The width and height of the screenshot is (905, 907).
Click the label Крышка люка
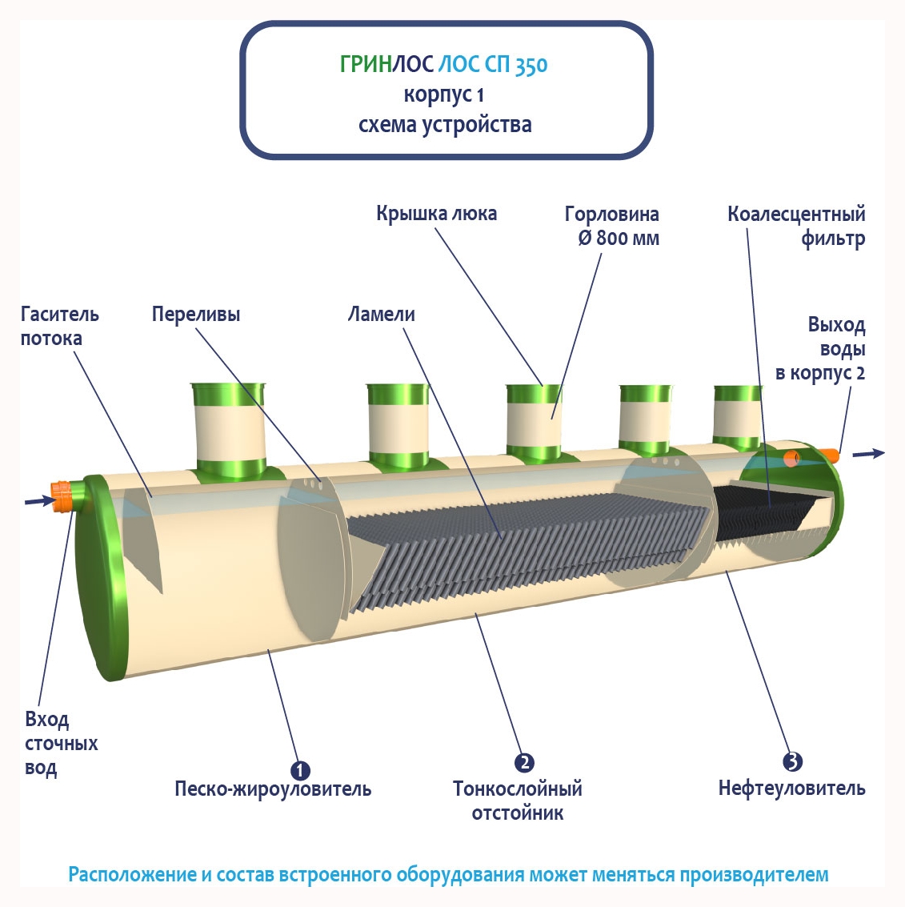(436, 214)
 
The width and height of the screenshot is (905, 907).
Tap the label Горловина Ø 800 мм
(612, 226)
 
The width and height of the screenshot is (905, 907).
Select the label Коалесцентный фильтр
(796, 226)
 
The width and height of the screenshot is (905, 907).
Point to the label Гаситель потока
(59, 326)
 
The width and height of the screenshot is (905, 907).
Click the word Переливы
(196, 315)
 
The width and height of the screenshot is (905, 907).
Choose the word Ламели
(381, 315)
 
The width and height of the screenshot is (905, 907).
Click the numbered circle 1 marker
(299, 770)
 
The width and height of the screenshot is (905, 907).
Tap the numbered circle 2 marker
(524, 762)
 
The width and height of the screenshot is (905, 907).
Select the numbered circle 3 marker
(791, 761)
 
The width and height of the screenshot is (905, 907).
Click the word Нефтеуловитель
(791, 789)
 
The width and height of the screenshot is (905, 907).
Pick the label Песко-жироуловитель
(273, 789)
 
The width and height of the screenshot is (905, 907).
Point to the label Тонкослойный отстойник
(518, 801)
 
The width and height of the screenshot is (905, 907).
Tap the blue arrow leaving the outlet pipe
(868, 454)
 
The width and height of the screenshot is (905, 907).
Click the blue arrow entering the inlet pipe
(36, 501)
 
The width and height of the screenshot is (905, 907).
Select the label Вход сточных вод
(60, 744)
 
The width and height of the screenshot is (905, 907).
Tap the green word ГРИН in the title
(366, 65)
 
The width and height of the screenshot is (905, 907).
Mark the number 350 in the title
(531, 66)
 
